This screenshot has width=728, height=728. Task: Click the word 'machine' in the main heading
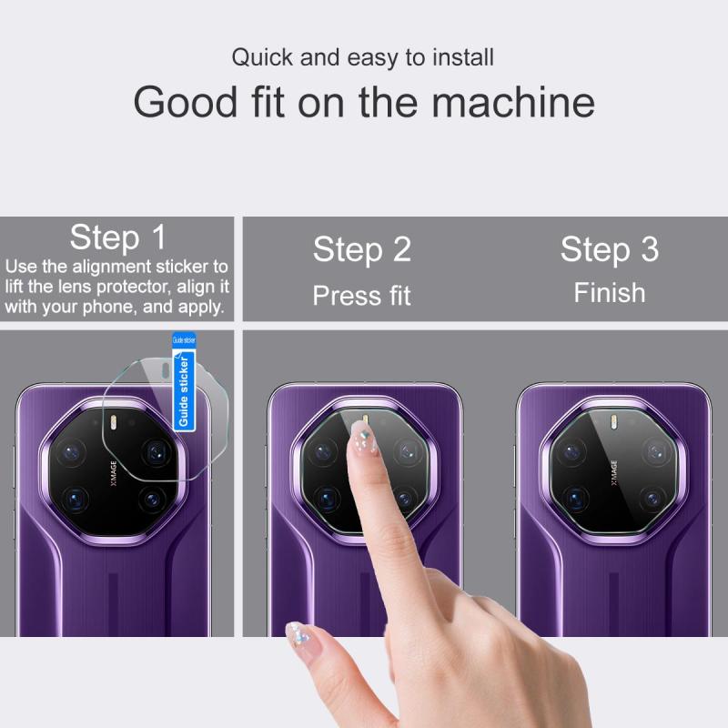pyautogui.click(x=513, y=102)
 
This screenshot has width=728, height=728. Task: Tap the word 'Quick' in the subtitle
pyautogui.click(x=262, y=57)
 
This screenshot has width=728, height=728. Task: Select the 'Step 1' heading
pyautogui.click(x=118, y=238)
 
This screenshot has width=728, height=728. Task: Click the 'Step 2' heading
pyautogui.click(x=362, y=249)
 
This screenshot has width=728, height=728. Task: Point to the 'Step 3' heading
pyautogui.click(x=610, y=249)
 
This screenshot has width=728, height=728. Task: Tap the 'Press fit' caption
pyautogui.click(x=361, y=296)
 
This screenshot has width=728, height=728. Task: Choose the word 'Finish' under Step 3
pyautogui.click(x=610, y=293)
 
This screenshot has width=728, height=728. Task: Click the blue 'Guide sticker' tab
pyautogui.click(x=184, y=381)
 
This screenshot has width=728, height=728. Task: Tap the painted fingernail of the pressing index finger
pyautogui.click(x=362, y=437)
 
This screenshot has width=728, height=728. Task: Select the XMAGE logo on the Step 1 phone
pyautogui.click(x=114, y=473)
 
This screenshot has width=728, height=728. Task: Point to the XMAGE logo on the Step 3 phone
pyautogui.click(x=613, y=473)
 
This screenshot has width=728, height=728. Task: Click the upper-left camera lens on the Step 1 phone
pyautogui.click(x=71, y=451)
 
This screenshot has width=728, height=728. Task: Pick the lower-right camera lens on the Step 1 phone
pyautogui.click(x=152, y=500)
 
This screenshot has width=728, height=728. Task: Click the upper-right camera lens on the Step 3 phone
pyautogui.click(x=655, y=451)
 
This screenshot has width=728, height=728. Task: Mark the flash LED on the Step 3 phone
pyautogui.click(x=613, y=422)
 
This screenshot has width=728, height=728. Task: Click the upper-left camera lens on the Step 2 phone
pyautogui.click(x=323, y=451)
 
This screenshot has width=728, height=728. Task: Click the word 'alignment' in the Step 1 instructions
pyautogui.click(x=112, y=267)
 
